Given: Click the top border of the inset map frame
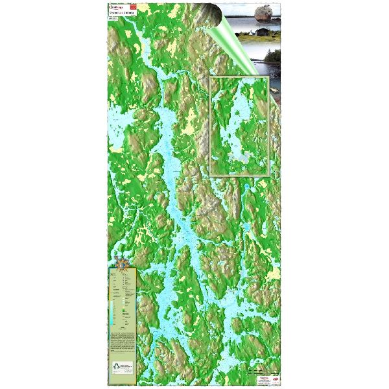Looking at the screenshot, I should click(x=240, y=77).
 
